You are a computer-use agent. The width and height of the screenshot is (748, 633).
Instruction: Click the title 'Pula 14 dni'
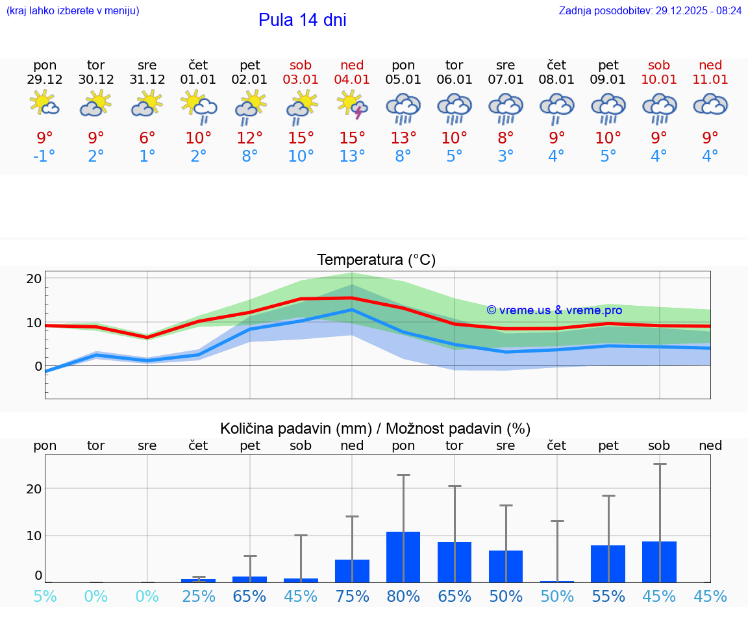pyautogui.click(x=302, y=20)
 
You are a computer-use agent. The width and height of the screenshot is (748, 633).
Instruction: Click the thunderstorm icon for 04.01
pyautogui.click(x=352, y=106)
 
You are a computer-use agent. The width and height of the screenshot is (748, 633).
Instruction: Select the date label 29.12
pyautogui.click(x=45, y=80)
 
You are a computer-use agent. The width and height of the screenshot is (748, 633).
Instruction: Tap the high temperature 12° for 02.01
pyautogui.click(x=250, y=138)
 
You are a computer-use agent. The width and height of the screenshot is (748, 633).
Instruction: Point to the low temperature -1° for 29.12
pyautogui.click(x=45, y=156)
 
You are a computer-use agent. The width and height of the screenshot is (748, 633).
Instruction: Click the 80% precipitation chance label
pyautogui.click(x=403, y=597)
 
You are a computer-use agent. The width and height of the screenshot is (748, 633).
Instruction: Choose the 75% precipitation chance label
pyautogui.click(x=352, y=597)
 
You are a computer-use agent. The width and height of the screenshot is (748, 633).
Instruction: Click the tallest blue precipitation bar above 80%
pyautogui.click(x=403, y=557)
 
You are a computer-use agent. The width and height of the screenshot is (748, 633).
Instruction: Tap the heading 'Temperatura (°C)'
pyautogui.click(x=376, y=260)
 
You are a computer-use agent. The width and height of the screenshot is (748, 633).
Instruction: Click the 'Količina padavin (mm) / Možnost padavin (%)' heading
pyautogui.click(x=375, y=428)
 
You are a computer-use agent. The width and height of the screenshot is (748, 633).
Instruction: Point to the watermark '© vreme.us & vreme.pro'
pyautogui.click(x=554, y=310)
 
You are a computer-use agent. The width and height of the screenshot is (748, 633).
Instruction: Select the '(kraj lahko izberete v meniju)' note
pyautogui.click(x=73, y=11)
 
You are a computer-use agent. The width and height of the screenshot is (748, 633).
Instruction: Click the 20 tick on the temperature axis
pyautogui.click(x=34, y=279)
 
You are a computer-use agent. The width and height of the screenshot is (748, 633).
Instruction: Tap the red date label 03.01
pyautogui.click(x=301, y=80)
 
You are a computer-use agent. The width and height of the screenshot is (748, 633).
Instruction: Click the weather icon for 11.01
pyautogui.click(x=710, y=105)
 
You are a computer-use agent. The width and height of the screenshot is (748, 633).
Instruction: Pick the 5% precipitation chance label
pyautogui.click(x=45, y=597)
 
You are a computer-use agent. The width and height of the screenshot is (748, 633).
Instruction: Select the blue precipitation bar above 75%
pyautogui.click(x=352, y=571)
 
